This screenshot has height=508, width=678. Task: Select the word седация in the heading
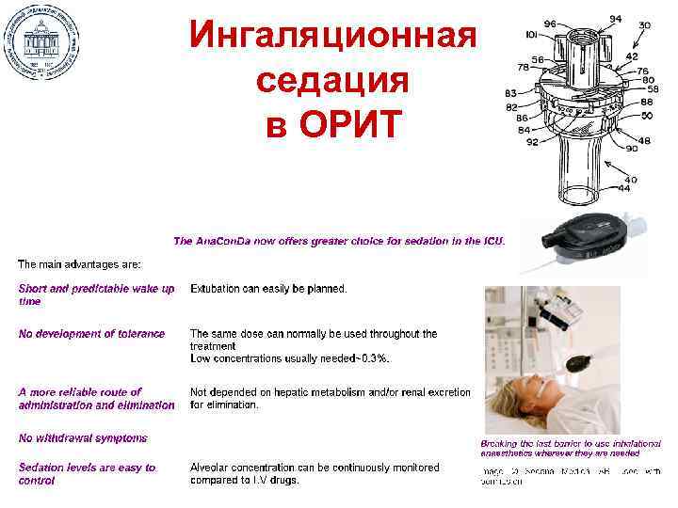coord(332,81)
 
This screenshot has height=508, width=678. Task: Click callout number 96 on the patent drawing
coord(549,24)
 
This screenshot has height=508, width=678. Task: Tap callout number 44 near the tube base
coord(624,188)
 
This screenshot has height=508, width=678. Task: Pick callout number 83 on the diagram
coord(511,93)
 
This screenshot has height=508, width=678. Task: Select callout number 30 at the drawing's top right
coord(644,24)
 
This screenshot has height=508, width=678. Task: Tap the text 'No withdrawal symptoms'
coord(83,437)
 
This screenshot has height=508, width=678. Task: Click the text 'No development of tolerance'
coord(91,333)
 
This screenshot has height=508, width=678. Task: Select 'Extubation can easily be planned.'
coord(268,289)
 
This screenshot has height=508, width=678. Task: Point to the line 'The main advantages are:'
coord(79,263)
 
